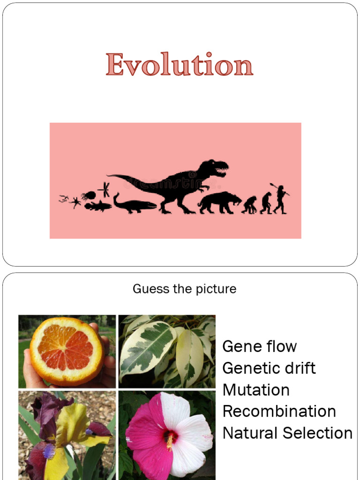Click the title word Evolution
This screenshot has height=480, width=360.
(180, 65)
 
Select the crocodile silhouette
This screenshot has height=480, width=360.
(134, 205)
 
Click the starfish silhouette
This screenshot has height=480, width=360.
(75, 202)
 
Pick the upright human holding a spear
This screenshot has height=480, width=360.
(280, 199)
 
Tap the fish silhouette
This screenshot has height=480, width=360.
(98, 205)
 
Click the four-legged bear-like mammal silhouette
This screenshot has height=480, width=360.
(218, 202)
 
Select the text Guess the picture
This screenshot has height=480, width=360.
(184, 289)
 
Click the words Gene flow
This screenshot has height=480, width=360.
(259, 346)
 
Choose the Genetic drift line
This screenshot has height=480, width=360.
(269, 368)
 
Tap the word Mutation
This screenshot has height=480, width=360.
(255, 390)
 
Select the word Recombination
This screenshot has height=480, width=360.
(279, 411)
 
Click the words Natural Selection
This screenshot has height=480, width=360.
(287, 433)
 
